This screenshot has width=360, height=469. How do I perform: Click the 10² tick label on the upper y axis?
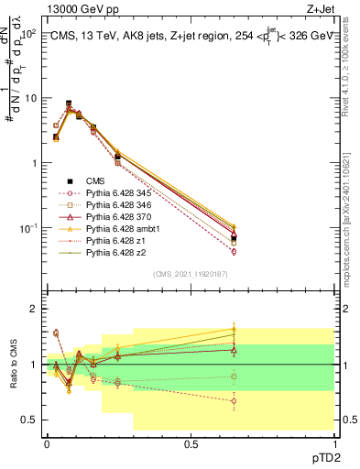point(27,33)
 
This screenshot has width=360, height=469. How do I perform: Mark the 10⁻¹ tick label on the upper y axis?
point(27,228)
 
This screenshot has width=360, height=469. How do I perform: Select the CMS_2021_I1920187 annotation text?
point(191,274)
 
